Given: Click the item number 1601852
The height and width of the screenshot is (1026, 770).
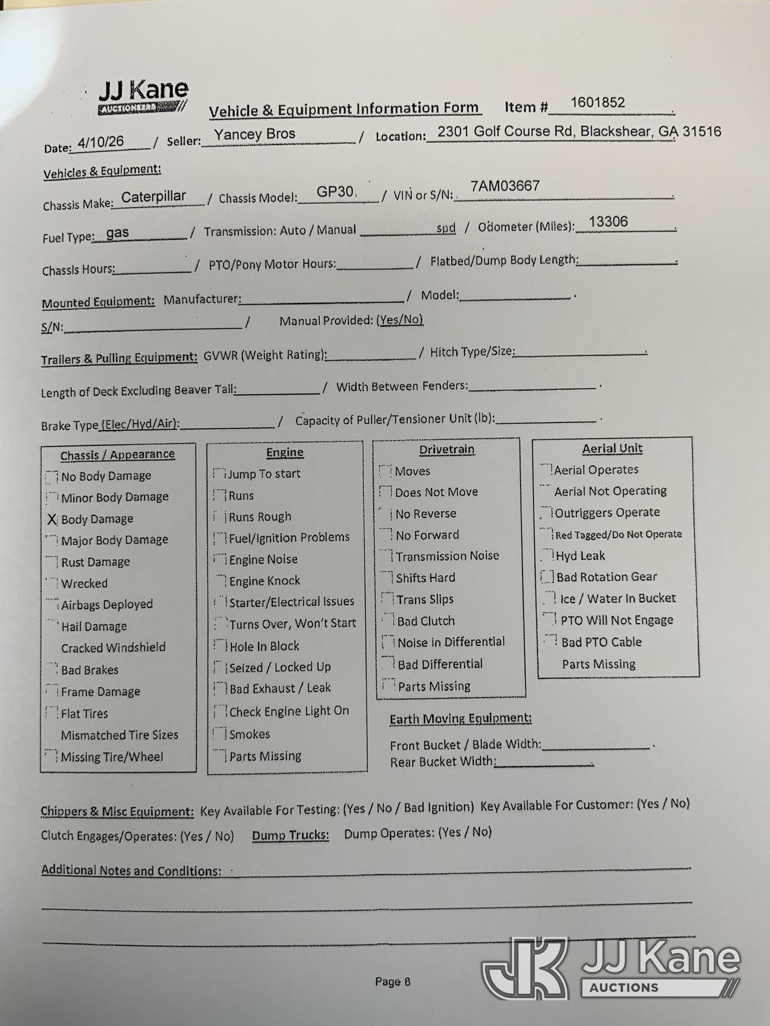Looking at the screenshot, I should [598, 103].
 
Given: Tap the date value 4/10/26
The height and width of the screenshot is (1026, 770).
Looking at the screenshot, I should [101, 142].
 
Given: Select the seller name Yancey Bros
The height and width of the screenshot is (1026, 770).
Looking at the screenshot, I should [255, 134].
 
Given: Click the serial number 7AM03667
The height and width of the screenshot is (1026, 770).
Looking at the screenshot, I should [505, 186].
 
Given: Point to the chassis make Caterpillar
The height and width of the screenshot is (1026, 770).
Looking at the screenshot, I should [153, 196].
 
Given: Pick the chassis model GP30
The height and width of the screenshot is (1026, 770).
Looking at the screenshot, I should [335, 192].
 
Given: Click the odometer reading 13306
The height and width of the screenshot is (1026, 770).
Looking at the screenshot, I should [608, 222].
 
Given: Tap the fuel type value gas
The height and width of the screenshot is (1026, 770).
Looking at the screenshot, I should [118, 233].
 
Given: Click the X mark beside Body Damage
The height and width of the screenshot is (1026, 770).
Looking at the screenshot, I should [52, 520].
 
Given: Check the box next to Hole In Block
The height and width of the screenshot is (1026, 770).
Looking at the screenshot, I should [221, 645].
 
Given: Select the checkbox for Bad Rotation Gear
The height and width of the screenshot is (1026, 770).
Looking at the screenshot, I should [548, 577].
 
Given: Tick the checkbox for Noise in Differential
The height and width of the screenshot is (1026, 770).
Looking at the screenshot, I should [389, 642].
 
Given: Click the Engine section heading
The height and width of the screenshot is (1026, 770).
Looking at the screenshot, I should [285, 452].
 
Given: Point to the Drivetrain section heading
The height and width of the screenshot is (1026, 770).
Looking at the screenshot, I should [447, 449].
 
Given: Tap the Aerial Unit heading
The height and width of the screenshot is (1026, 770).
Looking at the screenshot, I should [612, 448].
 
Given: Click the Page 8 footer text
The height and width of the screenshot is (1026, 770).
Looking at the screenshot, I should [393, 981].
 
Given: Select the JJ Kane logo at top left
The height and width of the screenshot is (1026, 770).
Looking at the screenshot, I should [143, 96].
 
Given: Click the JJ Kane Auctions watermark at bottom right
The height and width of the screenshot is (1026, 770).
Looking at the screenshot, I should [611, 969].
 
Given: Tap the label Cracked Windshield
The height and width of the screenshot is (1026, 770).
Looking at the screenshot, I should [113, 648].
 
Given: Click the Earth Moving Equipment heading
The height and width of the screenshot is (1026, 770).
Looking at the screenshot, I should [460, 719].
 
